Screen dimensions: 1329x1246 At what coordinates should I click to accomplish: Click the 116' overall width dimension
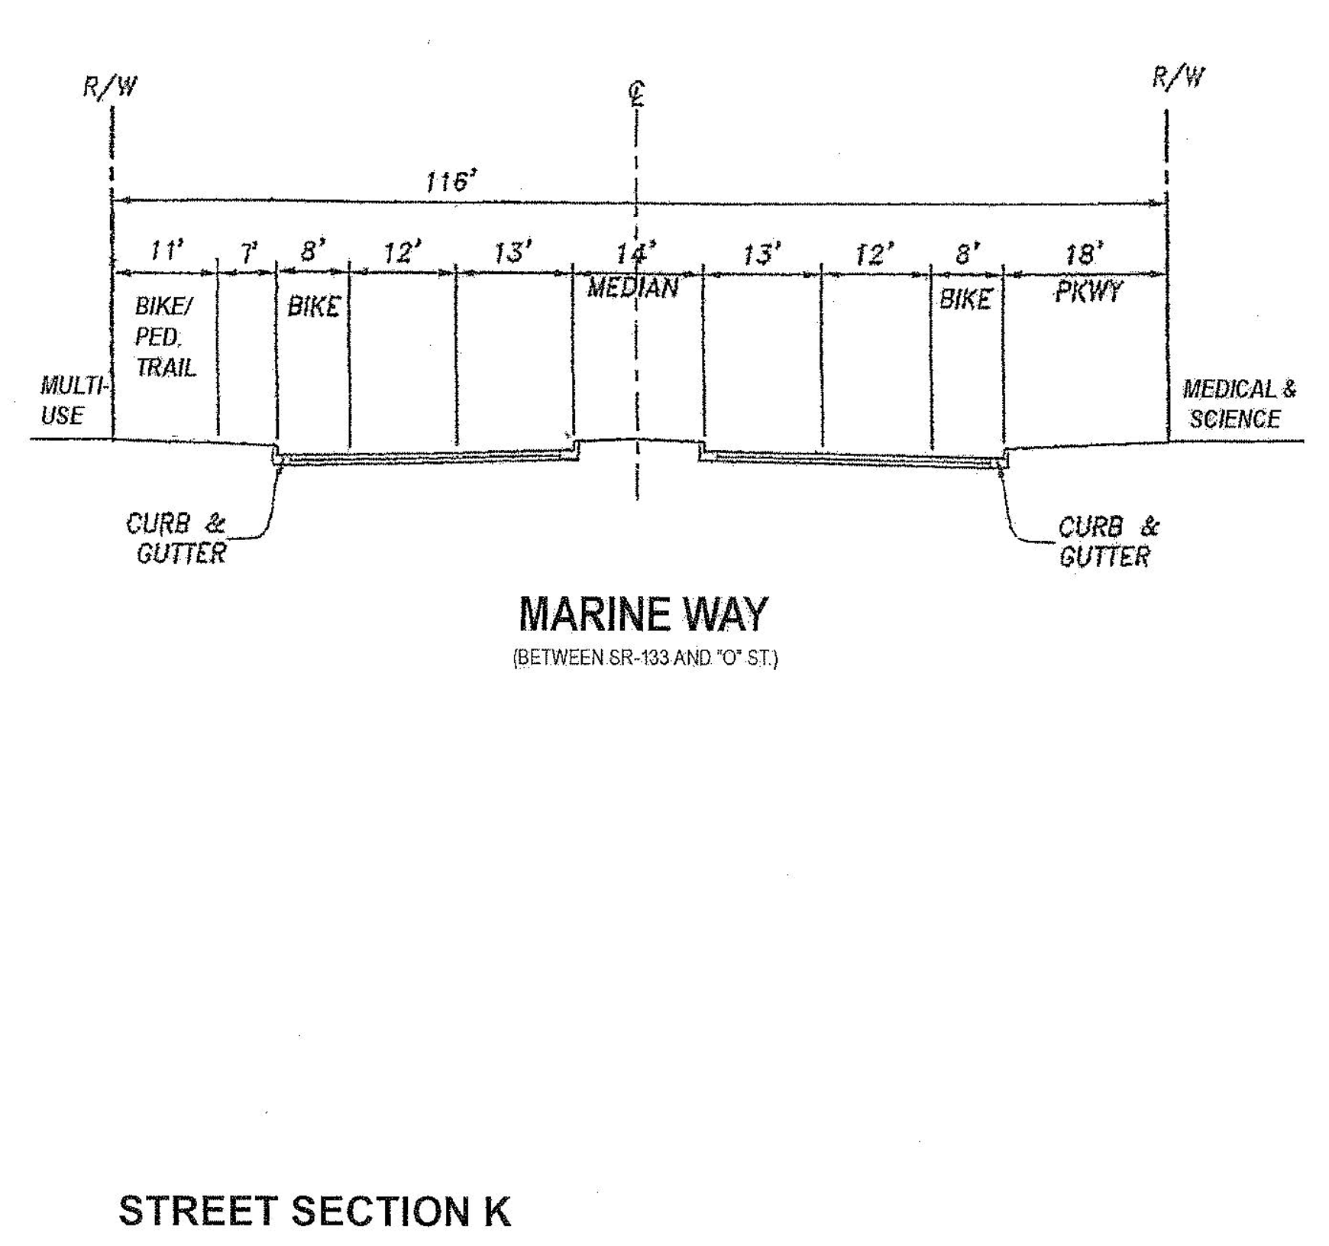(451, 182)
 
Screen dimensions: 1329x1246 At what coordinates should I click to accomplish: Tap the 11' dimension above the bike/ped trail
(166, 250)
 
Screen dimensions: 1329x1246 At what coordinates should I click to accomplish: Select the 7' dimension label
(249, 253)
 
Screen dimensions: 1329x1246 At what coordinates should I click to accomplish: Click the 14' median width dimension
(635, 253)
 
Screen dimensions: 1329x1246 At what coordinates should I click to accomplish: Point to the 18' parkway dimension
(1083, 254)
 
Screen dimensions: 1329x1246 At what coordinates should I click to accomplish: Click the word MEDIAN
(632, 288)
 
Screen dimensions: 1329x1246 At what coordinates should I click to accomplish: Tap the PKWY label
(1088, 291)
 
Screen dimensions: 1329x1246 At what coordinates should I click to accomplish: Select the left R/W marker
(110, 86)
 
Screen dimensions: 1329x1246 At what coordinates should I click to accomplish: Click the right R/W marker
(1178, 77)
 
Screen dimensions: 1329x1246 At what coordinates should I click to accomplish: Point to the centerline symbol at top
(636, 94)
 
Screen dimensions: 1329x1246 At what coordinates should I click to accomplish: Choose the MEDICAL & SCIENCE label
(1238, 404)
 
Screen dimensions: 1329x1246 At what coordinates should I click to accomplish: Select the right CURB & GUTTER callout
(1107, 541)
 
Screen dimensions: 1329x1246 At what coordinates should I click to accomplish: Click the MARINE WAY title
(643, 614)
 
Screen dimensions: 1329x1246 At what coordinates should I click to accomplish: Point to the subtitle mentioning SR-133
(645, 658)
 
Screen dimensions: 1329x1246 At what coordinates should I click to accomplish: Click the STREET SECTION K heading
(314, 1212)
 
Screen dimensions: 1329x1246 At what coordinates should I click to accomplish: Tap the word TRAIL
(166, 367)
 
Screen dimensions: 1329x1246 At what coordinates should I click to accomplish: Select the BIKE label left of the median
(313, 306)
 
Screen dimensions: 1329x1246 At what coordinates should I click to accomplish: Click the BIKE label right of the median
(965, 299)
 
